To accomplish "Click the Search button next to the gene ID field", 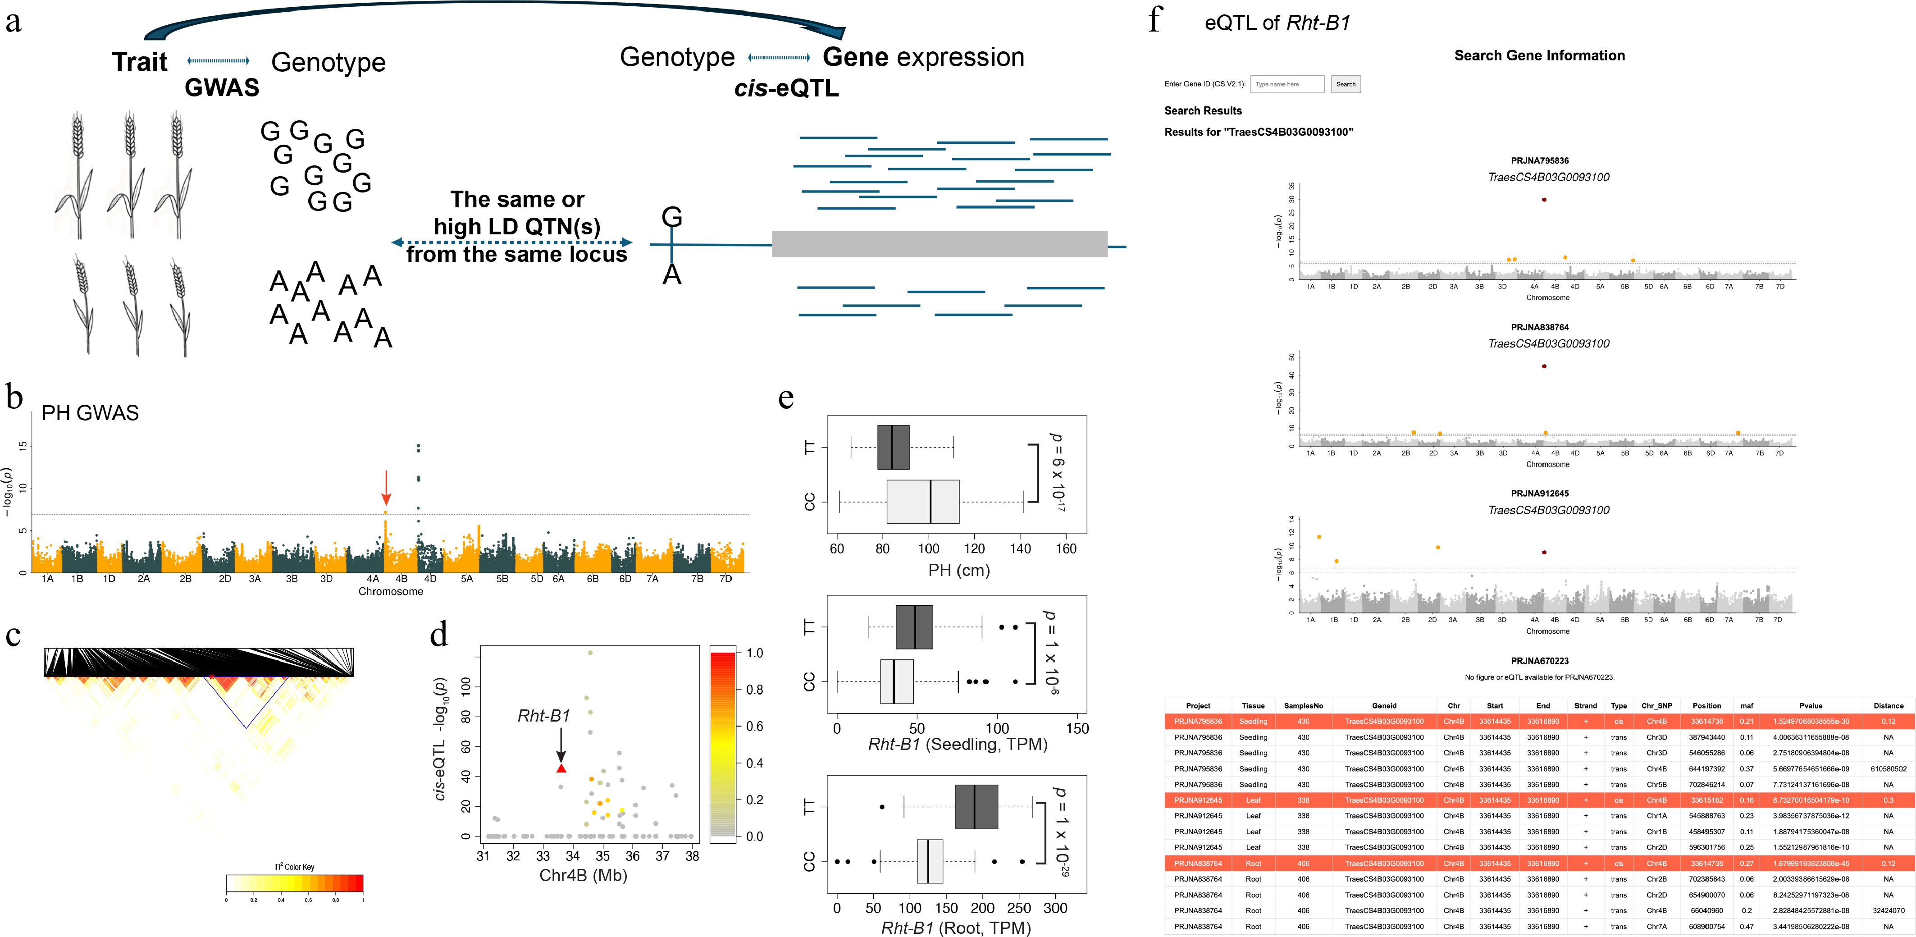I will coord(1346,84).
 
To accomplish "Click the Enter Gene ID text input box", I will coord(1287,84).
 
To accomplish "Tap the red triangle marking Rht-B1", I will coord(561,768).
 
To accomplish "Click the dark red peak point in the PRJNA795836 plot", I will coord(1544,199).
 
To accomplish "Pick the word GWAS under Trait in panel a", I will coord(222,88).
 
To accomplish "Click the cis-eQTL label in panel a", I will coord(786,88).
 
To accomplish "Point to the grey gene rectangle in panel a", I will coord(940,244).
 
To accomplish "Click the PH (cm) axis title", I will coord(959,571).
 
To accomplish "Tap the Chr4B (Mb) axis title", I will coord(583,875).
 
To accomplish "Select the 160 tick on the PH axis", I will coord(1066,549).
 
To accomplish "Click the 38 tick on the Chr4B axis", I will coord(693,856).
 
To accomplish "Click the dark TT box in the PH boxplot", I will coord(893,447).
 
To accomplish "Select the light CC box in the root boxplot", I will coord(930,861).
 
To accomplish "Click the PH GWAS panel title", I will coord(90,413).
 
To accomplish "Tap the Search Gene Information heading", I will coord(1539,56).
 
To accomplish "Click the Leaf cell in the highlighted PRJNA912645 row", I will coord(1253,800).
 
